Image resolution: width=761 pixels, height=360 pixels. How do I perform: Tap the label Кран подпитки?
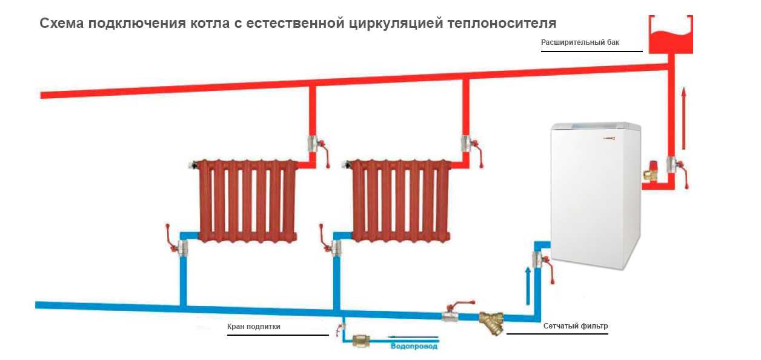coord(254,327)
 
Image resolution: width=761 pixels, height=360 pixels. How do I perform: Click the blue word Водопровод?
coord(414,347)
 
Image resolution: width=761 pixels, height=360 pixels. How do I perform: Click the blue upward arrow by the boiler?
coord(528,285)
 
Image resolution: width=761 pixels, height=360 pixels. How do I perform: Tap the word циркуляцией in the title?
coord(399,24)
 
